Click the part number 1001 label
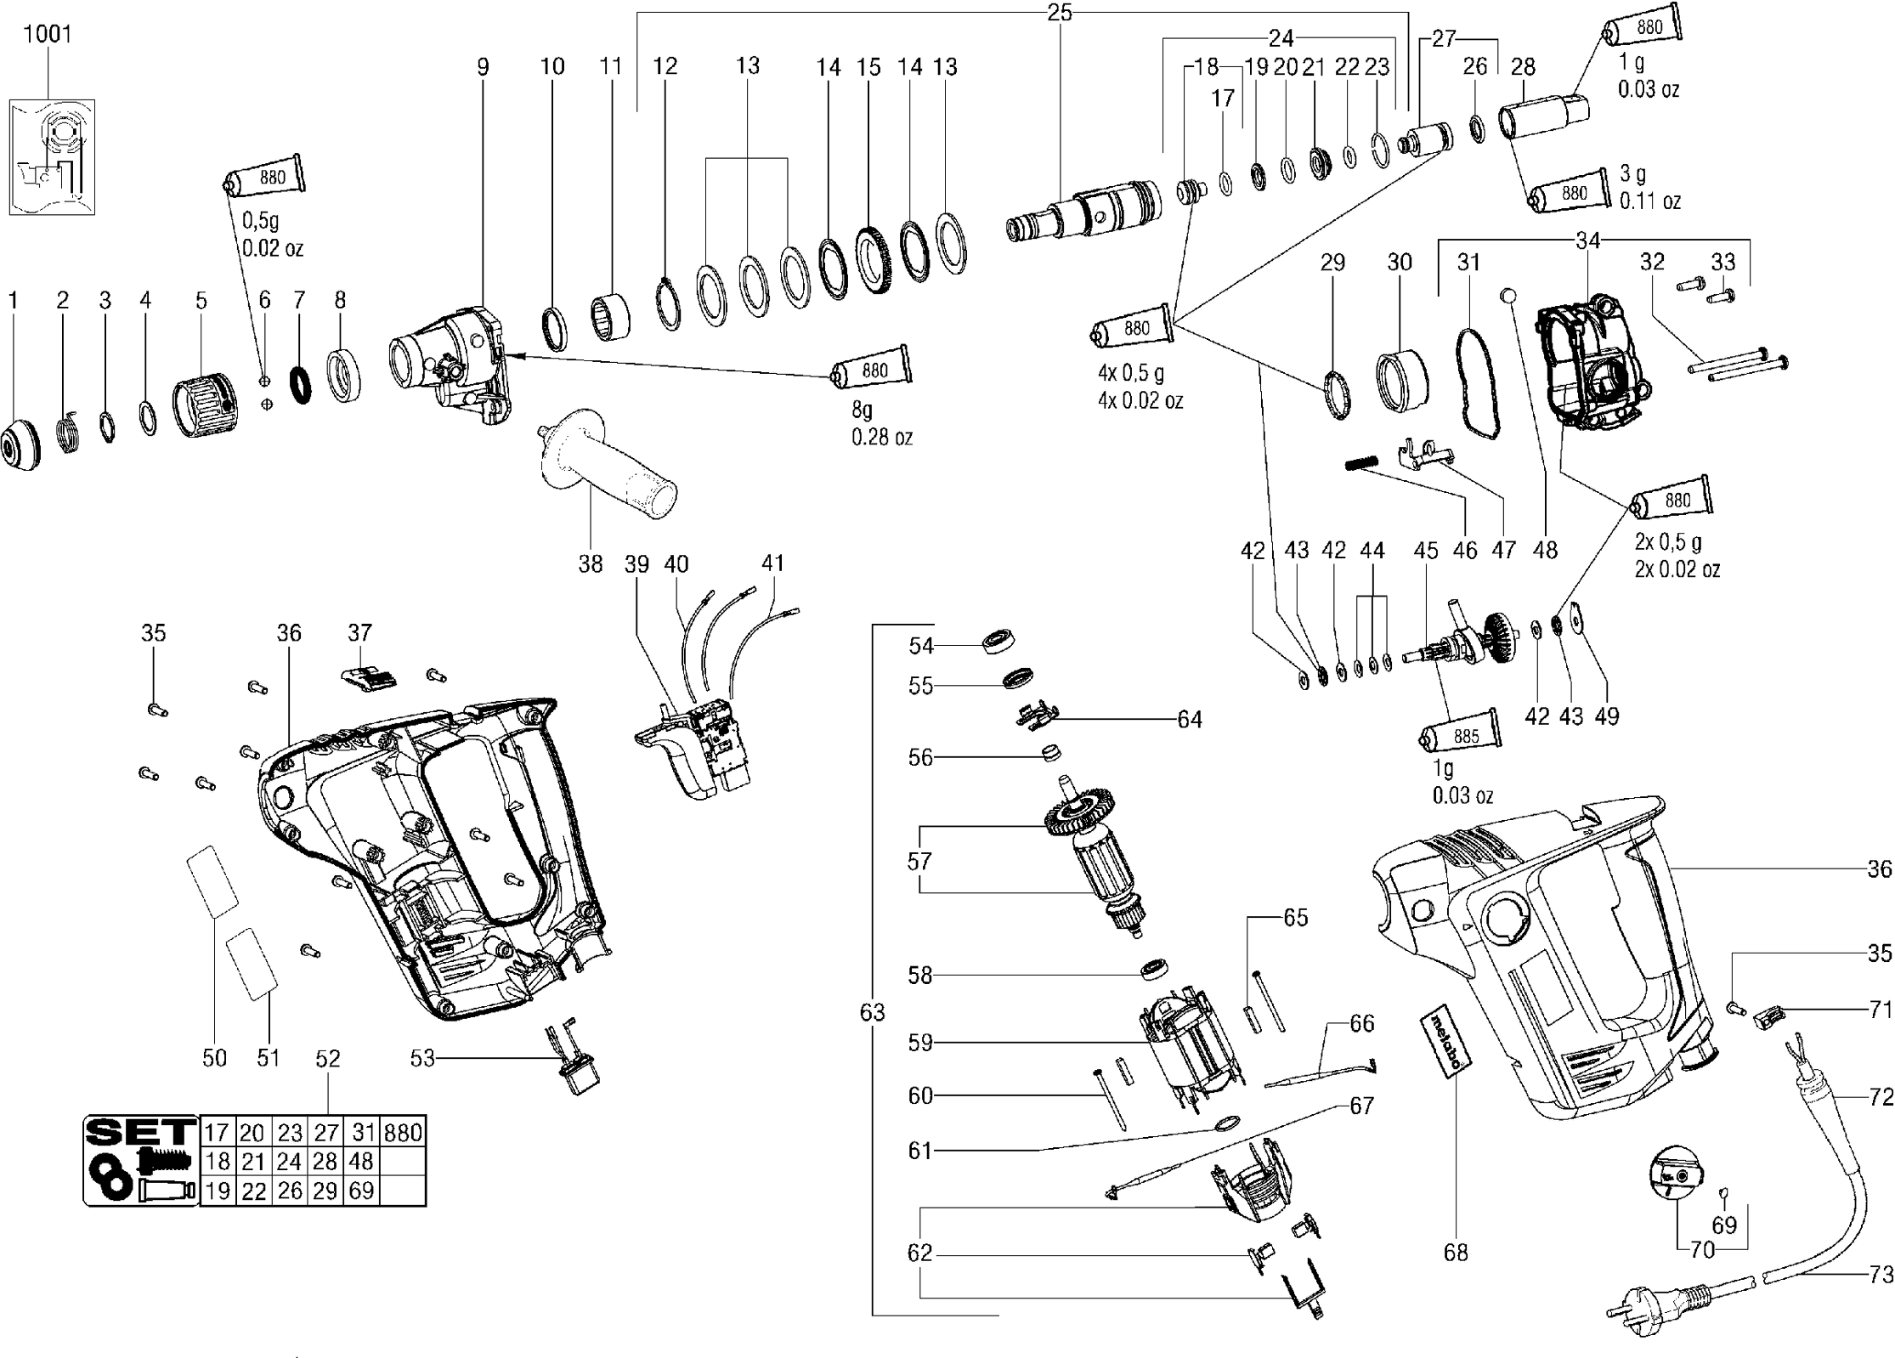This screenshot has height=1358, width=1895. tap(48, 34)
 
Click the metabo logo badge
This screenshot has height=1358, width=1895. tap(1446, 1045)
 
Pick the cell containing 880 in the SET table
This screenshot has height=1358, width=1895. tap(403, 1133)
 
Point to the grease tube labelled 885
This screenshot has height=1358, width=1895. tap(1461, 734)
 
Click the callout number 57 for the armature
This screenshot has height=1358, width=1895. tap(919, 861)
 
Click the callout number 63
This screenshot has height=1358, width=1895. tap(872, 1012)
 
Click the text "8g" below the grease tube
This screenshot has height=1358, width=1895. tap(863, 410)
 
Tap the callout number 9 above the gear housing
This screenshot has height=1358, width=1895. tap(483, 66)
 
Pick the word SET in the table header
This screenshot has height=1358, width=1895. tap(140, 1131)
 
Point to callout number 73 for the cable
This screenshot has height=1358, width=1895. tap(1881, 1274)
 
